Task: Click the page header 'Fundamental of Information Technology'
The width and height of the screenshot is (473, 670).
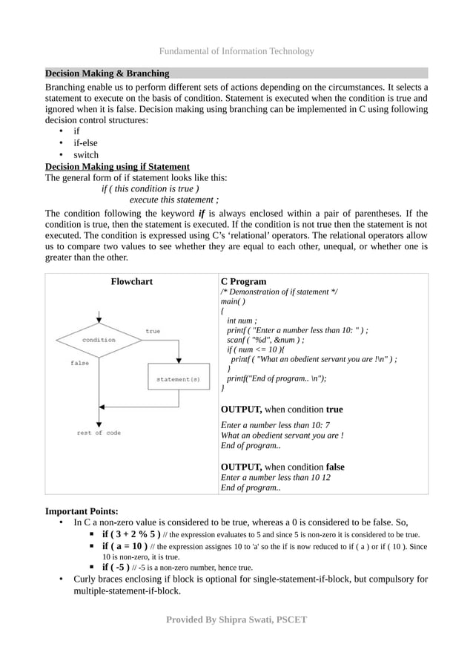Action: pyautogui.click(x=236, y=51)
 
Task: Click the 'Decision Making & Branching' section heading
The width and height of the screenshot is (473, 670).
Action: pyautogui.click(x=107, y=73)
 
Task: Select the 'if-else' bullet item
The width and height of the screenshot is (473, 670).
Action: pyautogui.click(x=85, y=142)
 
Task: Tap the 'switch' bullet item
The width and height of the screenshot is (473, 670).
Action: pyautogui.click(x=86, y=155)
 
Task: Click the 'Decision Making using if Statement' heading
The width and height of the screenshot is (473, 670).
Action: pyautogui.click(x=117, y=166)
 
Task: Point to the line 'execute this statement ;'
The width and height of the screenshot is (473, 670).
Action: pyautogui.click(x=173, y=200)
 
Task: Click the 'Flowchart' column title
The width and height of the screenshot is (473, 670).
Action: pyautogui.click(x=132, y=281)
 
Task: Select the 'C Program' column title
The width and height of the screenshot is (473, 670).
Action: pyautogui.click(x=243, y=281)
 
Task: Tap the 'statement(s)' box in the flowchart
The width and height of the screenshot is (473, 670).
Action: pyautogui.click(x=177, y=379)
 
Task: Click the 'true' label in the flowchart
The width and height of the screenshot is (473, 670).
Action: pyautogui.click(x=153, y=331)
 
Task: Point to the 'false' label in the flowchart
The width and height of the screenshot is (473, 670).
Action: pyautogui.click(x=80, y=363)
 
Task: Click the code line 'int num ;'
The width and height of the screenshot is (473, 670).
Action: pyautogui.click(x=242, y=321)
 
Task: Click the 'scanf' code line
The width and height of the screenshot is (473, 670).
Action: pyautogui.click(x=265, y=339)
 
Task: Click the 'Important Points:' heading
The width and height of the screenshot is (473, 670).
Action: pyautogui.click(x=82, y=510)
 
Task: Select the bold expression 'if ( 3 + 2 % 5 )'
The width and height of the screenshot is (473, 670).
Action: pyautogui.click(x=131, y=534)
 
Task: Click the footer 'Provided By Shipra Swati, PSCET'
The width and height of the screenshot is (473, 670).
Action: pyautogui.click(x=236, y=620)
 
